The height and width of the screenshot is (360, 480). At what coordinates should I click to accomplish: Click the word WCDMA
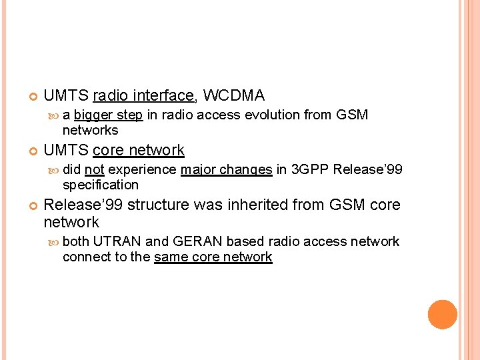coord(234,95)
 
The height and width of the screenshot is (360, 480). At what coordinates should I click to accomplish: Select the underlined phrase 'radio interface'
coord(143,95)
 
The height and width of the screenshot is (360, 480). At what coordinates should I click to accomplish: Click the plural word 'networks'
coord(90,130)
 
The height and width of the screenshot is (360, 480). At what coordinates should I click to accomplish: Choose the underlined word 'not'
coord(95,169)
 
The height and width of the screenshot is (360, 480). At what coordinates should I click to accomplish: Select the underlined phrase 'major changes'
coord(226,169)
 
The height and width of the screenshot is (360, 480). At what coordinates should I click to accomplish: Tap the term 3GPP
coord(310,169)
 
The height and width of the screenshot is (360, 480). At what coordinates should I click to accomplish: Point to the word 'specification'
coord(101,185)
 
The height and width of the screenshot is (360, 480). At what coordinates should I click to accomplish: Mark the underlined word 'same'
coord(171,257)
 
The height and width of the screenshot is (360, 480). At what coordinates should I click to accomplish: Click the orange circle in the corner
coord(442,315)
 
